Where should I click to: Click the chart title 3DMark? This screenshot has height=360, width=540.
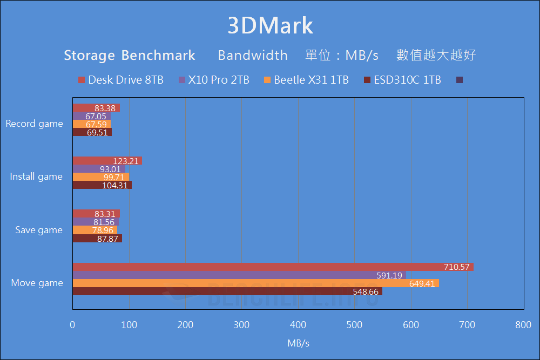click(x=270, y=26)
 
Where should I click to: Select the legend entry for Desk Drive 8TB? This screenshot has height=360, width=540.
click(x=120, y=80)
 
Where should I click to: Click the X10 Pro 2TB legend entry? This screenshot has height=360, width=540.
click(x=214, y=80)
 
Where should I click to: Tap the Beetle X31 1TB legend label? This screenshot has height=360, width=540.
click(x=306, y=80)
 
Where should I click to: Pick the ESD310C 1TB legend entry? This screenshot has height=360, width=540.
click(x=402, y=80)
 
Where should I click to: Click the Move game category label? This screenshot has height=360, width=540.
click(x=37, y=283)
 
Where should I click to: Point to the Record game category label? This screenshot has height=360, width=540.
click(x=34, y=124)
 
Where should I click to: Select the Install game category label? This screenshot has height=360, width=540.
click(x=36, y=176)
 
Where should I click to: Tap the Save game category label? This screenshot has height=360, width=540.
click(x=39, y=230)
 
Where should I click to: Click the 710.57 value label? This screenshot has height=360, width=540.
click(x=457, y=267)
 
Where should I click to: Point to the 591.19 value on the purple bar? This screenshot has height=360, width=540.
click(x=389, y=275)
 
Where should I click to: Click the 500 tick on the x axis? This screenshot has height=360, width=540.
click(x=354, y=325)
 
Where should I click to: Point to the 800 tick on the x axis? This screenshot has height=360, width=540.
click(x=523, y=325)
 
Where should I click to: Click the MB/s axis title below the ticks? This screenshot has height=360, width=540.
click(x=298, y=343)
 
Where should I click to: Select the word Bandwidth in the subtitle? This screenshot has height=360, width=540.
click(x=253, y=55)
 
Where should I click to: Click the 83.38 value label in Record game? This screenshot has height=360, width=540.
click(x=105, y=108)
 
